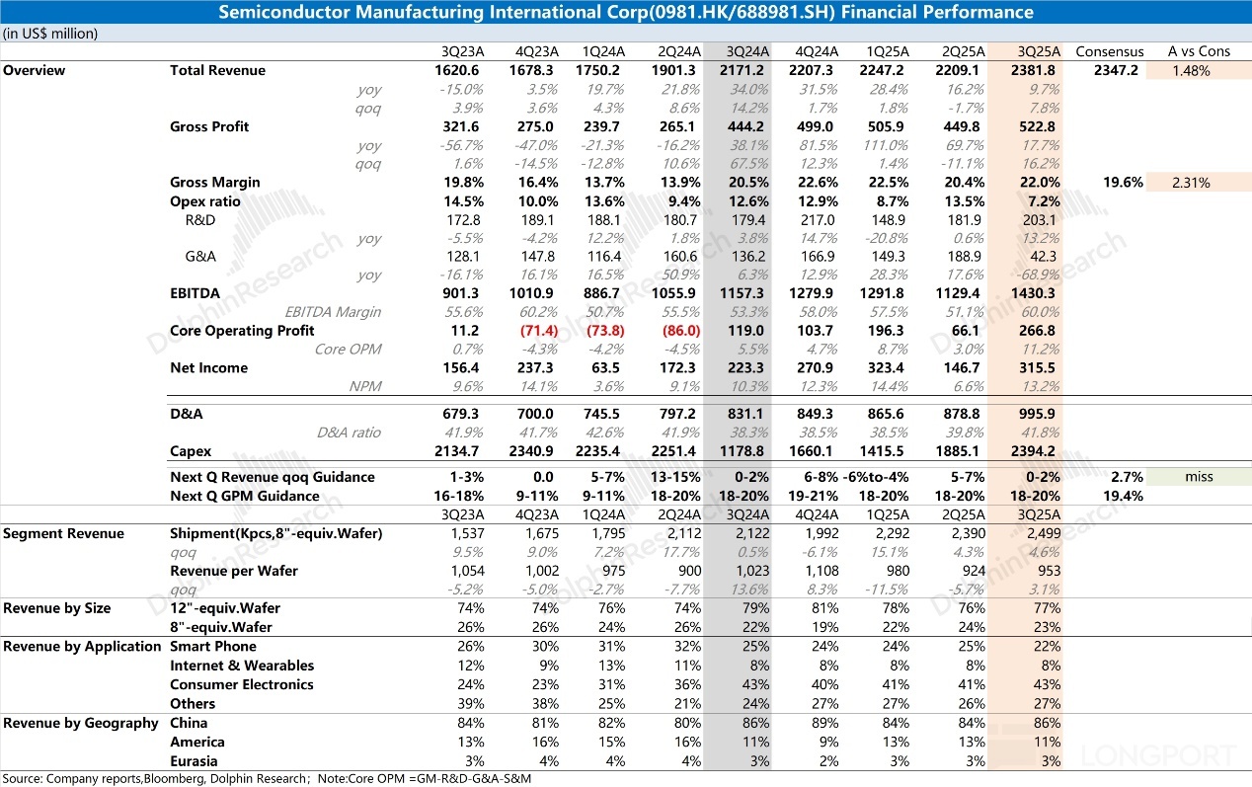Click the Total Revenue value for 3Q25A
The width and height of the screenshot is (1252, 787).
tap(1038, 71)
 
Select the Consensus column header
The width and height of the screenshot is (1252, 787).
tap(1109, 51)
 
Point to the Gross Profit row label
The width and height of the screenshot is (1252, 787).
tap(209, 126)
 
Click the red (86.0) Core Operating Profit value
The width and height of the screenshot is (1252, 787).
tap(680, 331)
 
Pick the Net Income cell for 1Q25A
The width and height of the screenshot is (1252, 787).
tap(886, 368)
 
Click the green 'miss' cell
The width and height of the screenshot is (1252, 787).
tap(1199, 477)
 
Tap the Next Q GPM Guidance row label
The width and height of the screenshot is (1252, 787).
tap(245, 496)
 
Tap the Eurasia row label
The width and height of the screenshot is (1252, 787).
tap(194, 761)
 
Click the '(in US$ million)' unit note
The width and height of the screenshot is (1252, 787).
tap(50, 33)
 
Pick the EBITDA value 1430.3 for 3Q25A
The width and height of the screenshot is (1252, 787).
tap(1038, 293)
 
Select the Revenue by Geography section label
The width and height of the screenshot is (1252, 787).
tap(80, 724)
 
